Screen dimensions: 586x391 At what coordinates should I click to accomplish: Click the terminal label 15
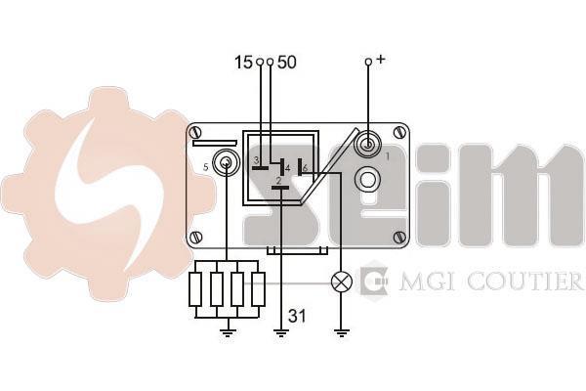[x=243, y=63]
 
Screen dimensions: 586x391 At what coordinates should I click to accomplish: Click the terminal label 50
[x=286, y=63]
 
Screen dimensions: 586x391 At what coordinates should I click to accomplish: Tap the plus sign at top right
[x=380, y=59]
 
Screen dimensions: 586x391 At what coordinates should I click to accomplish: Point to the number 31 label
[x=297, y=316]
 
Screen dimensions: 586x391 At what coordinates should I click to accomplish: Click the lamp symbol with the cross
[x=342, y=282]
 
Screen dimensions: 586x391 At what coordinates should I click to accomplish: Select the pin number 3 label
[x=256, y=160]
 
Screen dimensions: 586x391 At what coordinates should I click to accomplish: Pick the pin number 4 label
[x=287, y=169]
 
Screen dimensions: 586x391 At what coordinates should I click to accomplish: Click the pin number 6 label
[x=306, y=169]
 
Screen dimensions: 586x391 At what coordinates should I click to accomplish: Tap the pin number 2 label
[x=278, y=181]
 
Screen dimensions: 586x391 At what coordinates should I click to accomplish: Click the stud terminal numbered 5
[x=226, y=163]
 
